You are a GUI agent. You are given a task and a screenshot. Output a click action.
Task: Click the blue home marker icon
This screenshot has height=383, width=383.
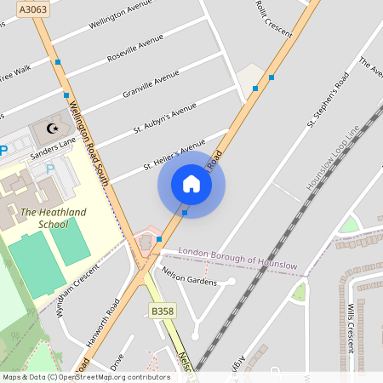tap(191, 184)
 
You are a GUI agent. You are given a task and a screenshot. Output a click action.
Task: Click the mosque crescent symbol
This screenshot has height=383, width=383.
tap(53, 129)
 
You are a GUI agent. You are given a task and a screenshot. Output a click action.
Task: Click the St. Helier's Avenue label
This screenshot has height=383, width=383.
tap(174, 155)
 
